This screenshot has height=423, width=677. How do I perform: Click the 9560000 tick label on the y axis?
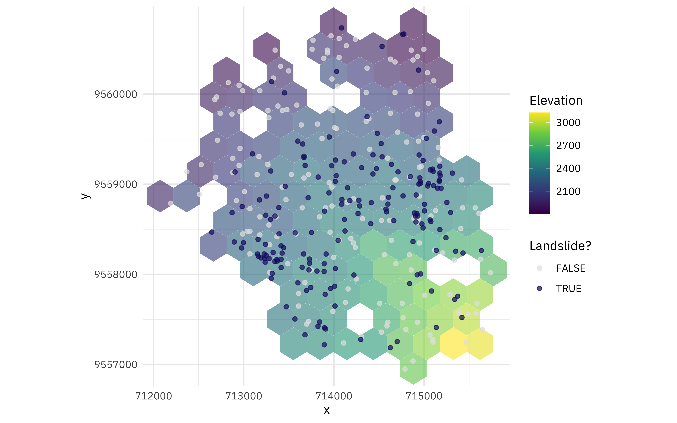[x=116, y=94]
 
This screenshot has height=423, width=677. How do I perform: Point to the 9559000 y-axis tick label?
[x=116, y=184]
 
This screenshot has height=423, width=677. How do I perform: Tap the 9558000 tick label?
[x=116, y=274]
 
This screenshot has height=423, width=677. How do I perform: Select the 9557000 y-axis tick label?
[x=116, y=364]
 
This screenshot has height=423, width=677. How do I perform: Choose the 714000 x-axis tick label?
[x=334, y=396]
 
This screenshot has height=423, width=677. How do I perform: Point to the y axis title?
[x=85, y=196]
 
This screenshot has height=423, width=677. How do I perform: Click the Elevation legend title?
[x=556, y=100]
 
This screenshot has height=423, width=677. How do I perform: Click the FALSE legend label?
[x=570, y=268]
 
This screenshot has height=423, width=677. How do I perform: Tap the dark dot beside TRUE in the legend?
[x=539, y=288]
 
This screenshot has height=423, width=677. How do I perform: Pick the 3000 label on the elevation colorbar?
[x=568, y=123]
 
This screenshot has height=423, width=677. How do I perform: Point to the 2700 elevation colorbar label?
[x=568, y=146]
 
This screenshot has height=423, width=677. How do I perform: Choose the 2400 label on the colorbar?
[x=568, y=168]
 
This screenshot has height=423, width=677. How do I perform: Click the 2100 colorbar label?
[x=568, y=191]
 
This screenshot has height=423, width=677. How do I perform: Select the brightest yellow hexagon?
[x=453, y=344]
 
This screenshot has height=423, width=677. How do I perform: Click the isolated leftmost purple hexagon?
[x=160, y=196]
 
